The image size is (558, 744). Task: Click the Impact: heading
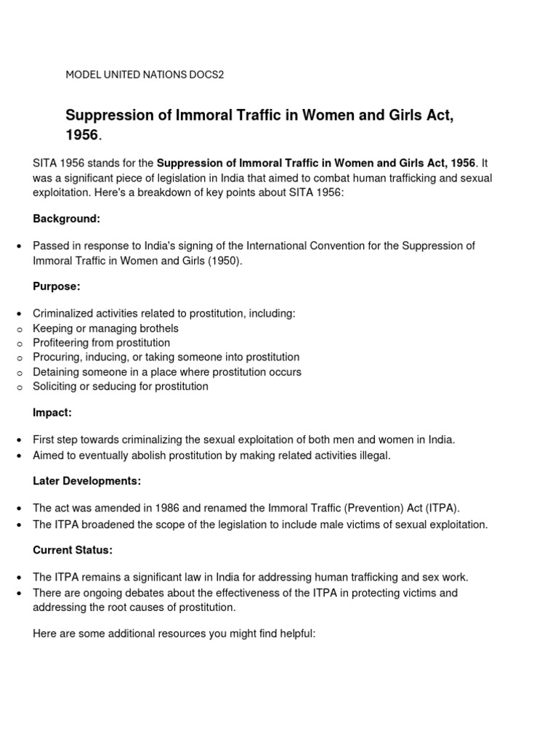click(52, 413)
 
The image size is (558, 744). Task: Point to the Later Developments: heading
click(87, 481)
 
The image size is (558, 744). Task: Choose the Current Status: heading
click(73, 550)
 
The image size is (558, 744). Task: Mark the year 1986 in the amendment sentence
click(159, 508)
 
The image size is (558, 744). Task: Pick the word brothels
click(158, 328)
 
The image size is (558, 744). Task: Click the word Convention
click(331, 246)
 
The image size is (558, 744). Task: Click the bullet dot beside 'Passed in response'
click(18, 247)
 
